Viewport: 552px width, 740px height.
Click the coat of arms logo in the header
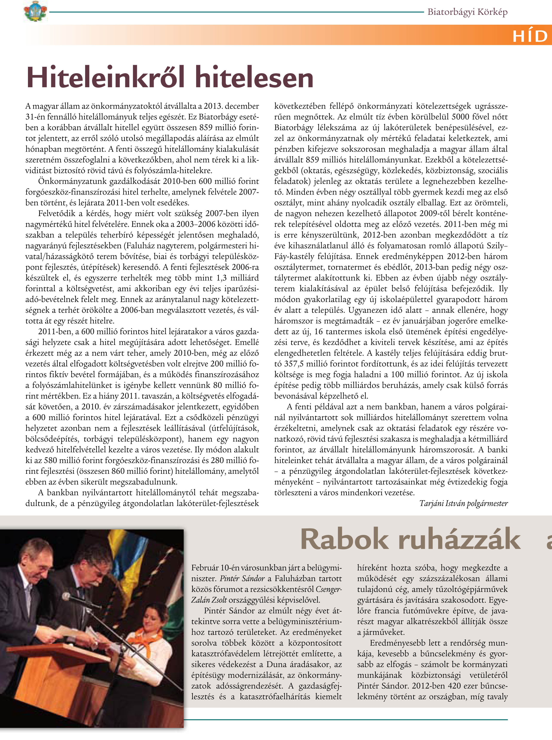click(35, 11)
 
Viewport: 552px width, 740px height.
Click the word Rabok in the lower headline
click(344, 539)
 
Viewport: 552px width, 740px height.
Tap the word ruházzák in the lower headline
click(459, 539)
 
